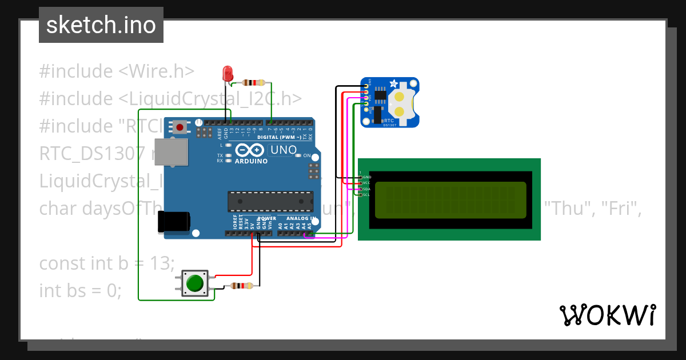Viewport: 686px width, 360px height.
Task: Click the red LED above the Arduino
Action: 228,74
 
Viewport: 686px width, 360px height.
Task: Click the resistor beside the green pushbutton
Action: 241,286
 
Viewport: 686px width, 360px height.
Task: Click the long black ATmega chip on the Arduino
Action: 270,201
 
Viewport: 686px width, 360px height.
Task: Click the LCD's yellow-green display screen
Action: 450,200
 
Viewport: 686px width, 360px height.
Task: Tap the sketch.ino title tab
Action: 101,25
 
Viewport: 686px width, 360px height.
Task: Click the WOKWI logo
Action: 607,315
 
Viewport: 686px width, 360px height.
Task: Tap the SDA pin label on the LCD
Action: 366,189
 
